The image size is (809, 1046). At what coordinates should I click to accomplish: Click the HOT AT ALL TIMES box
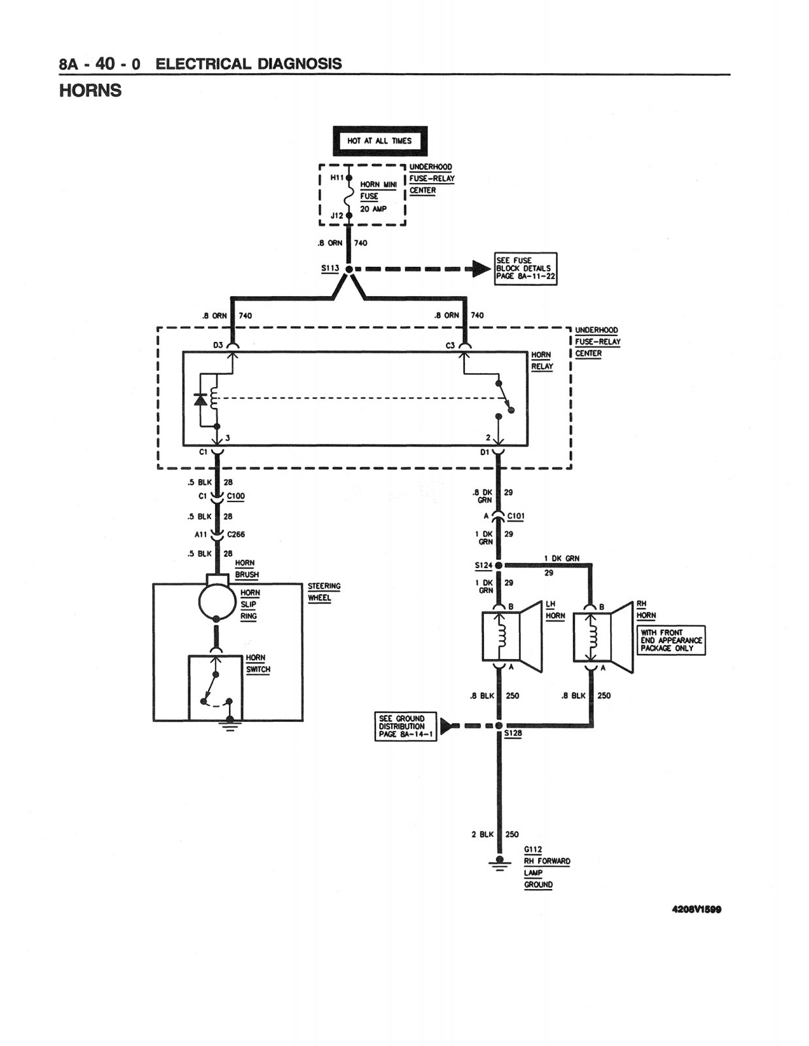[380, 141]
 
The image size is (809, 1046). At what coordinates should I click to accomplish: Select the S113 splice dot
[349, 269]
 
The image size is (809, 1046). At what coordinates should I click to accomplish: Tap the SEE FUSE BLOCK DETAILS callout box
[525, 269]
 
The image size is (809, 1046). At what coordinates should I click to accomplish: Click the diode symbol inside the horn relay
[200, 399]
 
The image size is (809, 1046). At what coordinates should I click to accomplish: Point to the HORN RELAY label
[542, 360]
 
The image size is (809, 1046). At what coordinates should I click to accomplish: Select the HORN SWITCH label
[258, 664]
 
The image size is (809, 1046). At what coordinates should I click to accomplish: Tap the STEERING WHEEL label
[324, 592]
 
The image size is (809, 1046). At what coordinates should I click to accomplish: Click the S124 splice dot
[499, 565]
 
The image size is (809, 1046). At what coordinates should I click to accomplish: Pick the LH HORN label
[555, 610]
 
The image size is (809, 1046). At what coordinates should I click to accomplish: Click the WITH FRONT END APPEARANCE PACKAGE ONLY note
[671, 640]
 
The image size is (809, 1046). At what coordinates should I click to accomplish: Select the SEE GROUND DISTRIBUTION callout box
[405, 727]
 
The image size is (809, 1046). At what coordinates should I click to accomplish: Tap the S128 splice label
[513, 734]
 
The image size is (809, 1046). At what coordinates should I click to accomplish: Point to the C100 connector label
[236, 496]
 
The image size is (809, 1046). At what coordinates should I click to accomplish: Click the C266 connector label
[236, 534]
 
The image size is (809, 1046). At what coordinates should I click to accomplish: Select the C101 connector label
[516, 516]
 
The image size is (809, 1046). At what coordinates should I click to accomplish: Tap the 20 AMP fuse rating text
[373, 209]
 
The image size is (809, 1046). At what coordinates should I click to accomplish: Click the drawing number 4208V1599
[697, 909]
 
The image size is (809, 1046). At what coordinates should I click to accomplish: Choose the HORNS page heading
[90, 90]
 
